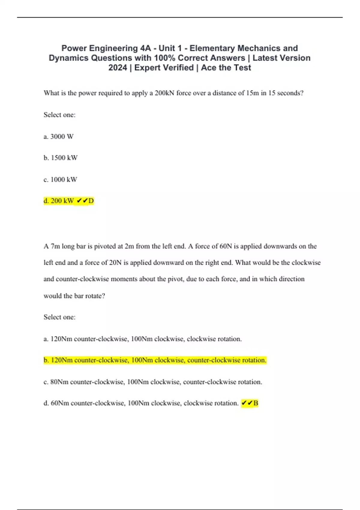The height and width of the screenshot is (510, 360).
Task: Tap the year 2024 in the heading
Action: pos(118,68)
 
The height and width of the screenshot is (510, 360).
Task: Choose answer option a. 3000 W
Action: pos(58,136)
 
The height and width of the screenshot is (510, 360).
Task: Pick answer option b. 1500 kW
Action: pos(61,158)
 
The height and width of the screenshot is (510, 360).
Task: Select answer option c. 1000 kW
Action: pos(60,179)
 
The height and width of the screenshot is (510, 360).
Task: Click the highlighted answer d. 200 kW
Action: pos(59,201)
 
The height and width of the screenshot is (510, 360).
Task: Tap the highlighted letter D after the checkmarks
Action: pos(91,201)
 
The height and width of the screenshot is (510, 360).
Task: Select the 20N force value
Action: pos(115,263)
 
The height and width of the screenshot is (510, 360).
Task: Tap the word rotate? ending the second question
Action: pos(95,296)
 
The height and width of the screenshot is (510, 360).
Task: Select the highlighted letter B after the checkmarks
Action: pos(256,403)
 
